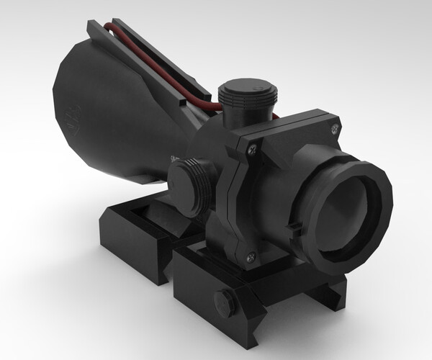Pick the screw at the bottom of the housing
coord(250,256)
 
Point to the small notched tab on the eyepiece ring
coord(293,229)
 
